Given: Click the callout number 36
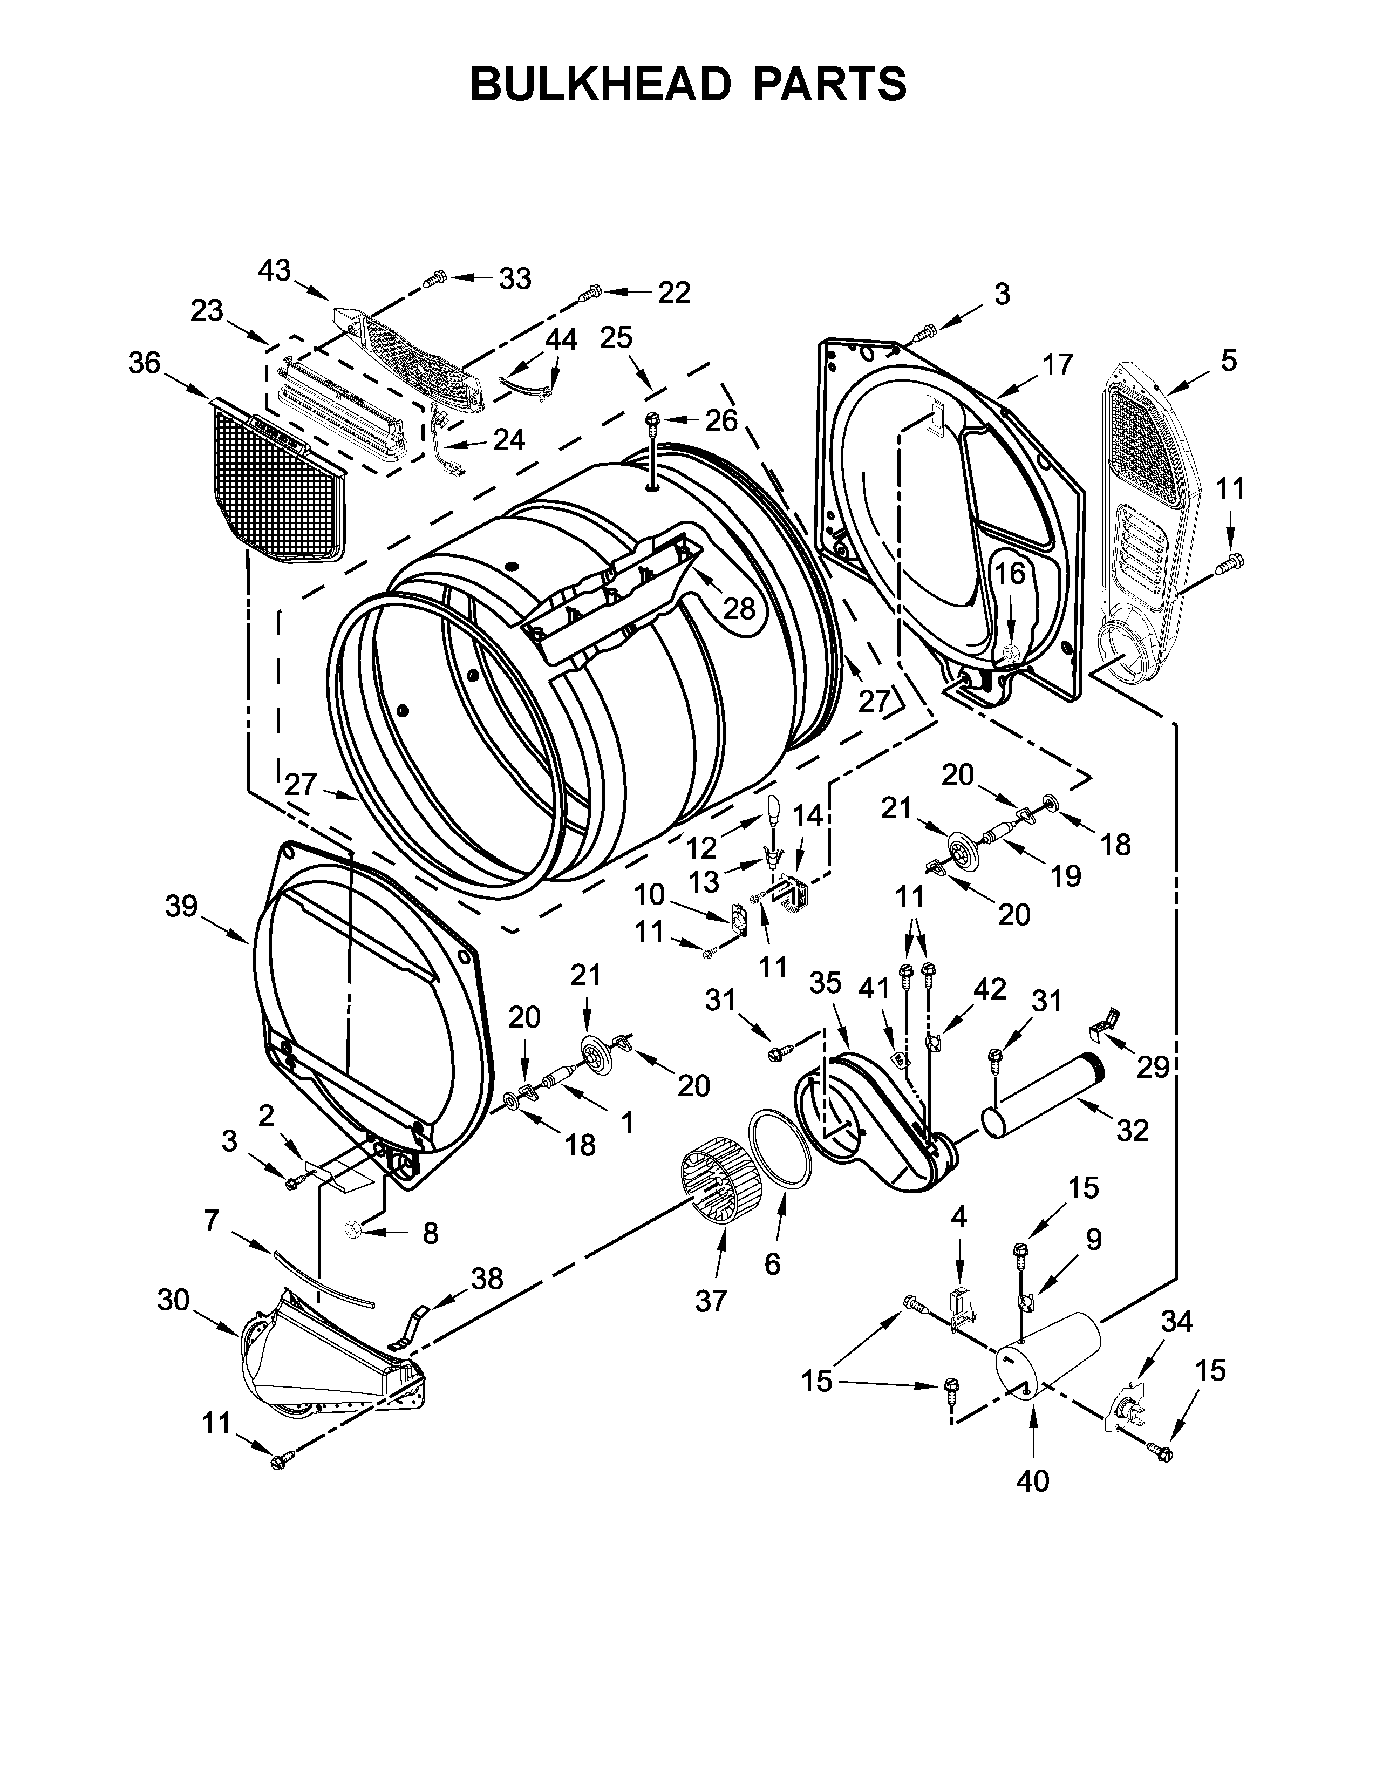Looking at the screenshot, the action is click(144, 364).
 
